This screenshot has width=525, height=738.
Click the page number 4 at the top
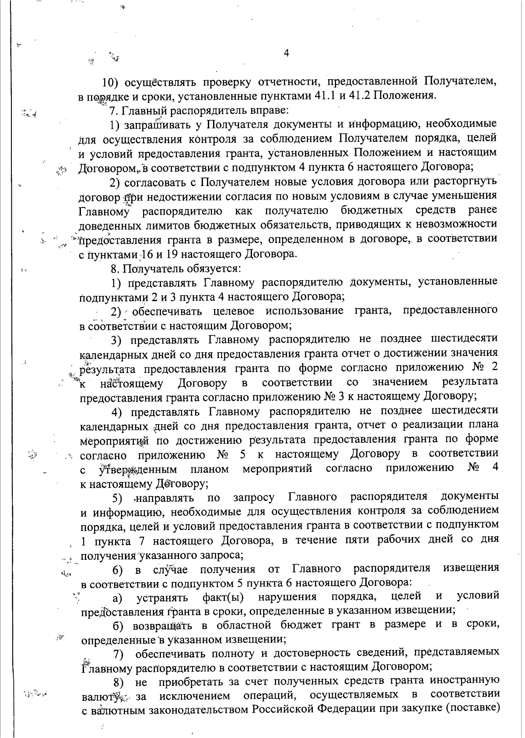pyautogui.click(x=286, y=53)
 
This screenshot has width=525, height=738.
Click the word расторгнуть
pyautogui.click(x=464, y=182)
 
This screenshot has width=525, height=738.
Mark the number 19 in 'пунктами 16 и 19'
pyautogui.click(x=172, y=254)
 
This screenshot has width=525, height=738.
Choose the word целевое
pyautogui.click(x=237, y=311)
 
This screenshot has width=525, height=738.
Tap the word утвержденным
pyautogui.click(x=138, y=470)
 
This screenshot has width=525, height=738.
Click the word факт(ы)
pyautogui.click(x=223, y=597)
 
